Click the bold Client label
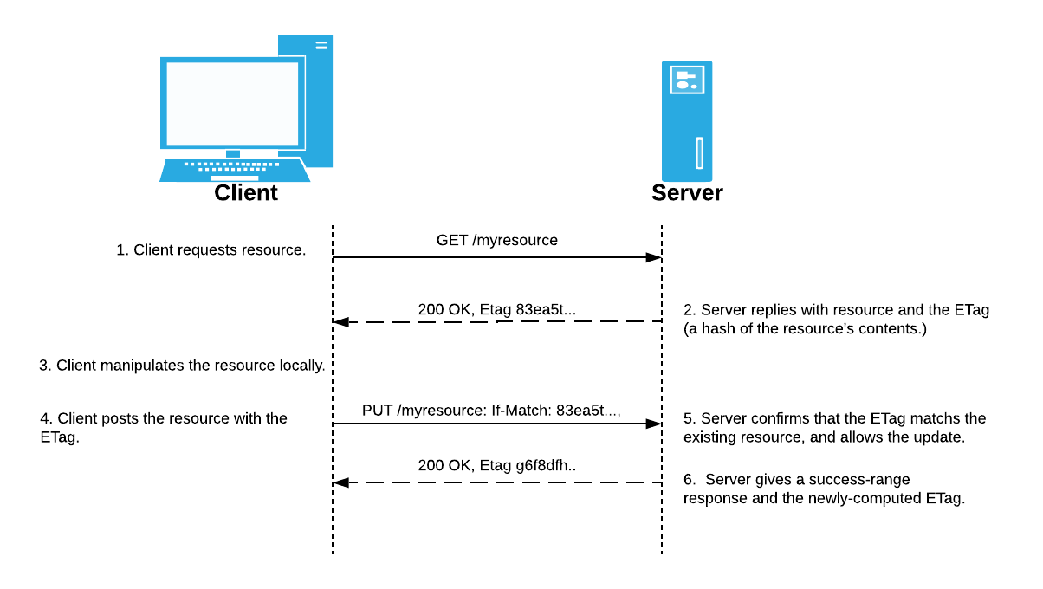[246, 192]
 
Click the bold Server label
[687, 192]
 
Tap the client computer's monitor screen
[231, 103]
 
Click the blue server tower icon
[687, 121]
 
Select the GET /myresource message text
[496, 240]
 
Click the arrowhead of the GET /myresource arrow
[654, 257]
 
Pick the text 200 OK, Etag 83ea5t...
[496, 308]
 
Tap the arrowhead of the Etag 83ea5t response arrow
[341, 322]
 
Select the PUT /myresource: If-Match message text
[491, 408]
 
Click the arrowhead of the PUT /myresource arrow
[654, 424]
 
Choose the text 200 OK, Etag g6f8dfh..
[497, 466]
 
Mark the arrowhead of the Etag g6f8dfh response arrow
[341, 482]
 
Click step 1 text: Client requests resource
[211, 250]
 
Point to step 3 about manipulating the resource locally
[182, 366]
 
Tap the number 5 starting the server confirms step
[688, 418]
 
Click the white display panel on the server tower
[688, 80]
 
